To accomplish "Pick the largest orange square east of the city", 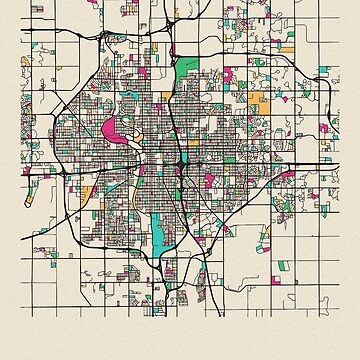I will [258, 101].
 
